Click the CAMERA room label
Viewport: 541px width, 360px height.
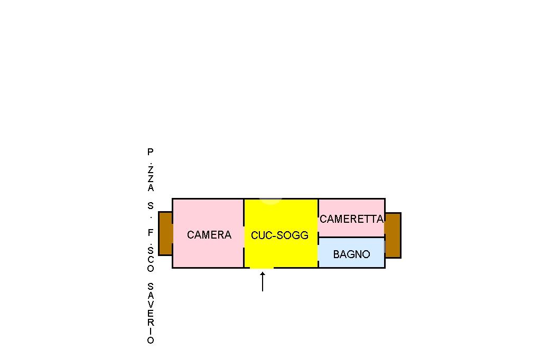tap(209, 235)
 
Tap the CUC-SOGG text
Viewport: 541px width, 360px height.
tap(279, 235)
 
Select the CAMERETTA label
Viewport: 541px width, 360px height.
tap(351, 219)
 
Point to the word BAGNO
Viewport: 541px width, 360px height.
tap(351, 254)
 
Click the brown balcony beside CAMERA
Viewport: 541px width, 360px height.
tap(165, 233)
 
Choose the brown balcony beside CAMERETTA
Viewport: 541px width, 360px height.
tap(393, 235)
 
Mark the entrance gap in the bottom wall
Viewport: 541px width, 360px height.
tap(262, 268)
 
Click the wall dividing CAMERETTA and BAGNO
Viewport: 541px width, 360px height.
tap(351, 237)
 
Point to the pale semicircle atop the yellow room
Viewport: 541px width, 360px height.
tap(270, 202)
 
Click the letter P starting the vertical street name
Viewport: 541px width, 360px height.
tap(151, 151)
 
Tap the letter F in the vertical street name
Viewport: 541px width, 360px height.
tap(151, 233)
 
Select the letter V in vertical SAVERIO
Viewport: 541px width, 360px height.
tap(151, 305)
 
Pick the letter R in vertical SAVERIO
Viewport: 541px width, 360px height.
tap(151, 323)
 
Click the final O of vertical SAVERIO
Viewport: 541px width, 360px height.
tap(151, 340)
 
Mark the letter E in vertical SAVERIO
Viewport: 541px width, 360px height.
tap(151, 314)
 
